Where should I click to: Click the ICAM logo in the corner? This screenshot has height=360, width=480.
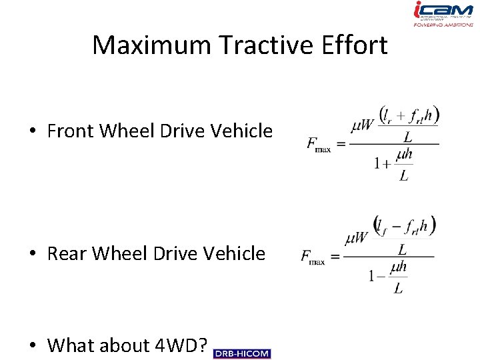443,13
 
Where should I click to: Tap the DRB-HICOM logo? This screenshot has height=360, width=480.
242,353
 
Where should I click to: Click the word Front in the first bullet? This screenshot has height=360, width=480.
71,131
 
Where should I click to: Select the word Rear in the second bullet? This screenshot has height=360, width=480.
67,253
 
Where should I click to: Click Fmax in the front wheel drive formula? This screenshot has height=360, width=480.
318,145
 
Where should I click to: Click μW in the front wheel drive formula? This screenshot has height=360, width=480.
363,125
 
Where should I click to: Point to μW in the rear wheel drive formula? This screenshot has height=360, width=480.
357,238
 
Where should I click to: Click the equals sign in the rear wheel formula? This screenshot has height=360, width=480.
335,256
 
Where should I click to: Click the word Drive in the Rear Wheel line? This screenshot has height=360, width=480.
177,253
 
